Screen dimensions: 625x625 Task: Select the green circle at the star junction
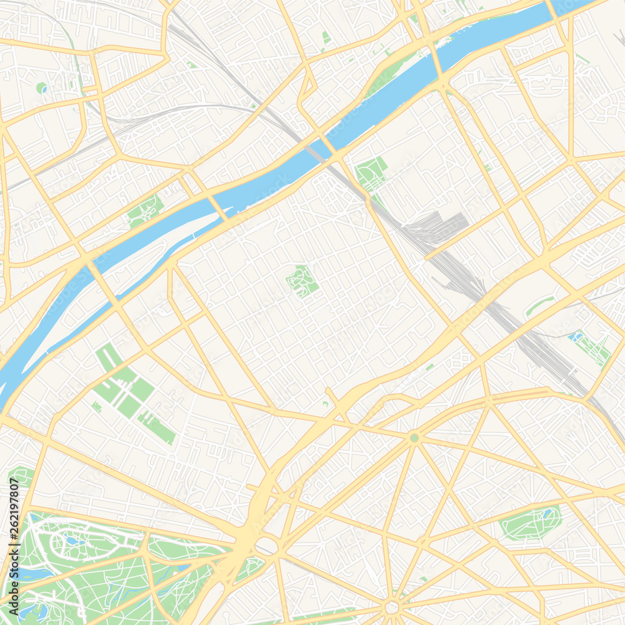coord(414,438)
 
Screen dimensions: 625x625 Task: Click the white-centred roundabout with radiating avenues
coord(392,607)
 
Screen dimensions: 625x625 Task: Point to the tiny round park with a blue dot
coord(42,88)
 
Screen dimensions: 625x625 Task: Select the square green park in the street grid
coord(302,281)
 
